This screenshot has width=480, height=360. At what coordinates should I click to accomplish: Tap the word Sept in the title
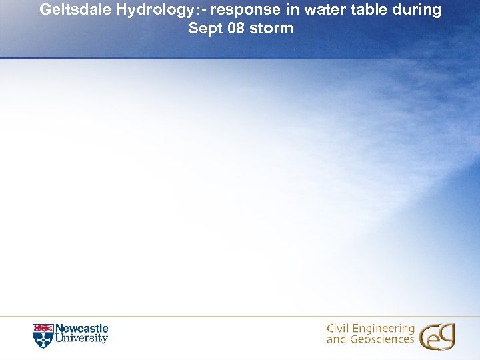coord(203,29)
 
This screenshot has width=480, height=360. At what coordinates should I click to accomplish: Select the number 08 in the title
coord(237,29)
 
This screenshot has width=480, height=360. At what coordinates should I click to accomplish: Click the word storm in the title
coord(273,29)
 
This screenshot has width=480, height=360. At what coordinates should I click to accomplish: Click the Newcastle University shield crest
coord(42,336)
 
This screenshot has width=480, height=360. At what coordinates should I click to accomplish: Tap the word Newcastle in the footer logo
coord(81,329)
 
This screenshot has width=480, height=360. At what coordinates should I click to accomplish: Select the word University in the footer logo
coord(81,339)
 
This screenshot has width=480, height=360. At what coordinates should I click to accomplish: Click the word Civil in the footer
coord(339,329)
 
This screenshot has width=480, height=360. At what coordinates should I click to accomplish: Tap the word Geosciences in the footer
coord(381,340)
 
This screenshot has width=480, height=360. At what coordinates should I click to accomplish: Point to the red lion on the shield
coord(42,329)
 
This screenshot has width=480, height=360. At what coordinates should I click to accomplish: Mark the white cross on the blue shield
coord(42,340)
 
